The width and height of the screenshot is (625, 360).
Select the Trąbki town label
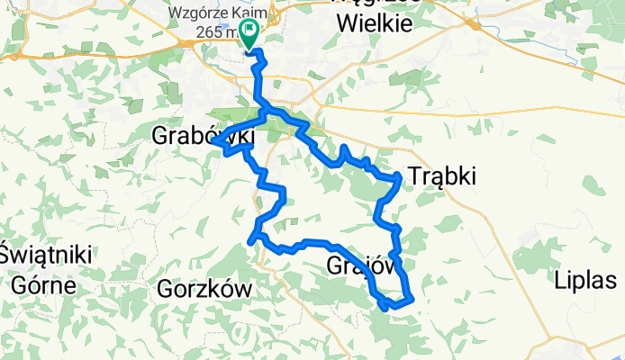[442, 176]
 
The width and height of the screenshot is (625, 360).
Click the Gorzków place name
[203, 289]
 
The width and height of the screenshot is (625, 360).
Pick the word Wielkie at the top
[374, 24]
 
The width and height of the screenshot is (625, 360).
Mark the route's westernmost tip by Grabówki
[213, 142]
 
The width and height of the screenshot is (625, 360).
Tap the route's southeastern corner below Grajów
[411, 299]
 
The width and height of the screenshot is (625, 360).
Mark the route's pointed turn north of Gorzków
[250, 240]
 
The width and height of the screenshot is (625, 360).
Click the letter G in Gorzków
[166, 289]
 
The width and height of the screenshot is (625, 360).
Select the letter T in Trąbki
[415, 176]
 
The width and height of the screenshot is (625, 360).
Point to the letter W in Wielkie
[346, 24]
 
